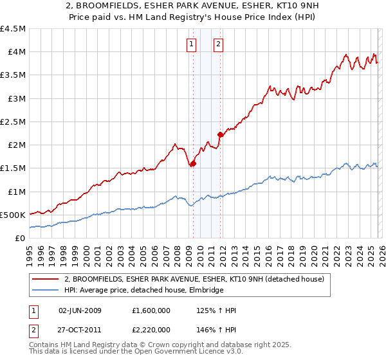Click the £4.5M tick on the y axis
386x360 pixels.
[x=14, y=29]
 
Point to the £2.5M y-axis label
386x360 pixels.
[x=14, y=122]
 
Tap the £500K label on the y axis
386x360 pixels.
[x=13, y=215]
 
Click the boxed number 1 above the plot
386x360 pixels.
[x=192, y=44]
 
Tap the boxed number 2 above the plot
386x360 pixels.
[x=219, y=44]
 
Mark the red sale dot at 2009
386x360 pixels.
[x=193, y=163]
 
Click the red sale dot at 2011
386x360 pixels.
[x=220, y=135]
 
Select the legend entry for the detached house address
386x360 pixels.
[x=198, y=279]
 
